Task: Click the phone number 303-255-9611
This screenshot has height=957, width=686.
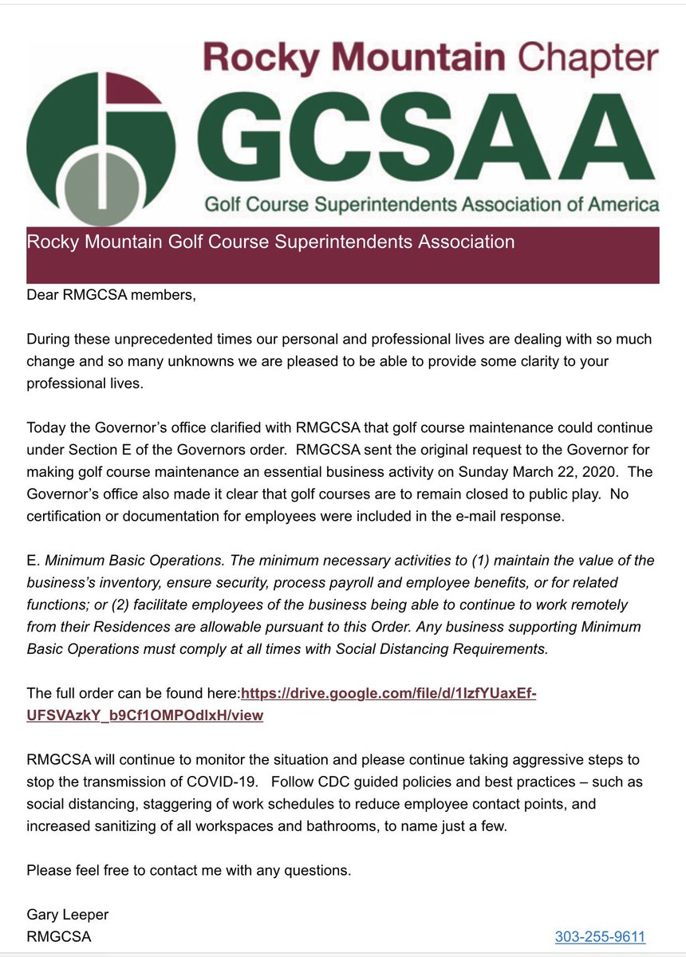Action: [600, 936]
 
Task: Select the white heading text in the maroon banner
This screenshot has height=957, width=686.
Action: [270, 241]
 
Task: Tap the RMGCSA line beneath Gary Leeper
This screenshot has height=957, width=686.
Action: [58, 937]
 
